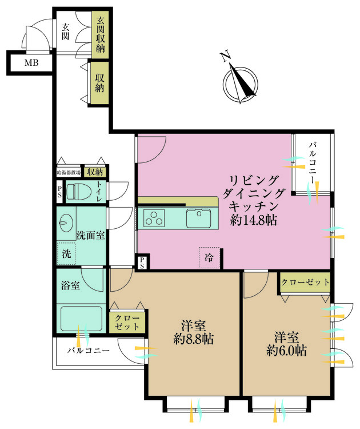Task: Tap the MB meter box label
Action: (x=31, y=62)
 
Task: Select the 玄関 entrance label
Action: (x=66, y=31)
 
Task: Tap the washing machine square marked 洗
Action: (x=66, y=253)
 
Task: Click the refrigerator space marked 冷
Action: (x=209, y=258)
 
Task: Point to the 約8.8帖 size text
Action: (x=194, y=339)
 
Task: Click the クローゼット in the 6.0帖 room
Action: (x=306, y=282)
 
